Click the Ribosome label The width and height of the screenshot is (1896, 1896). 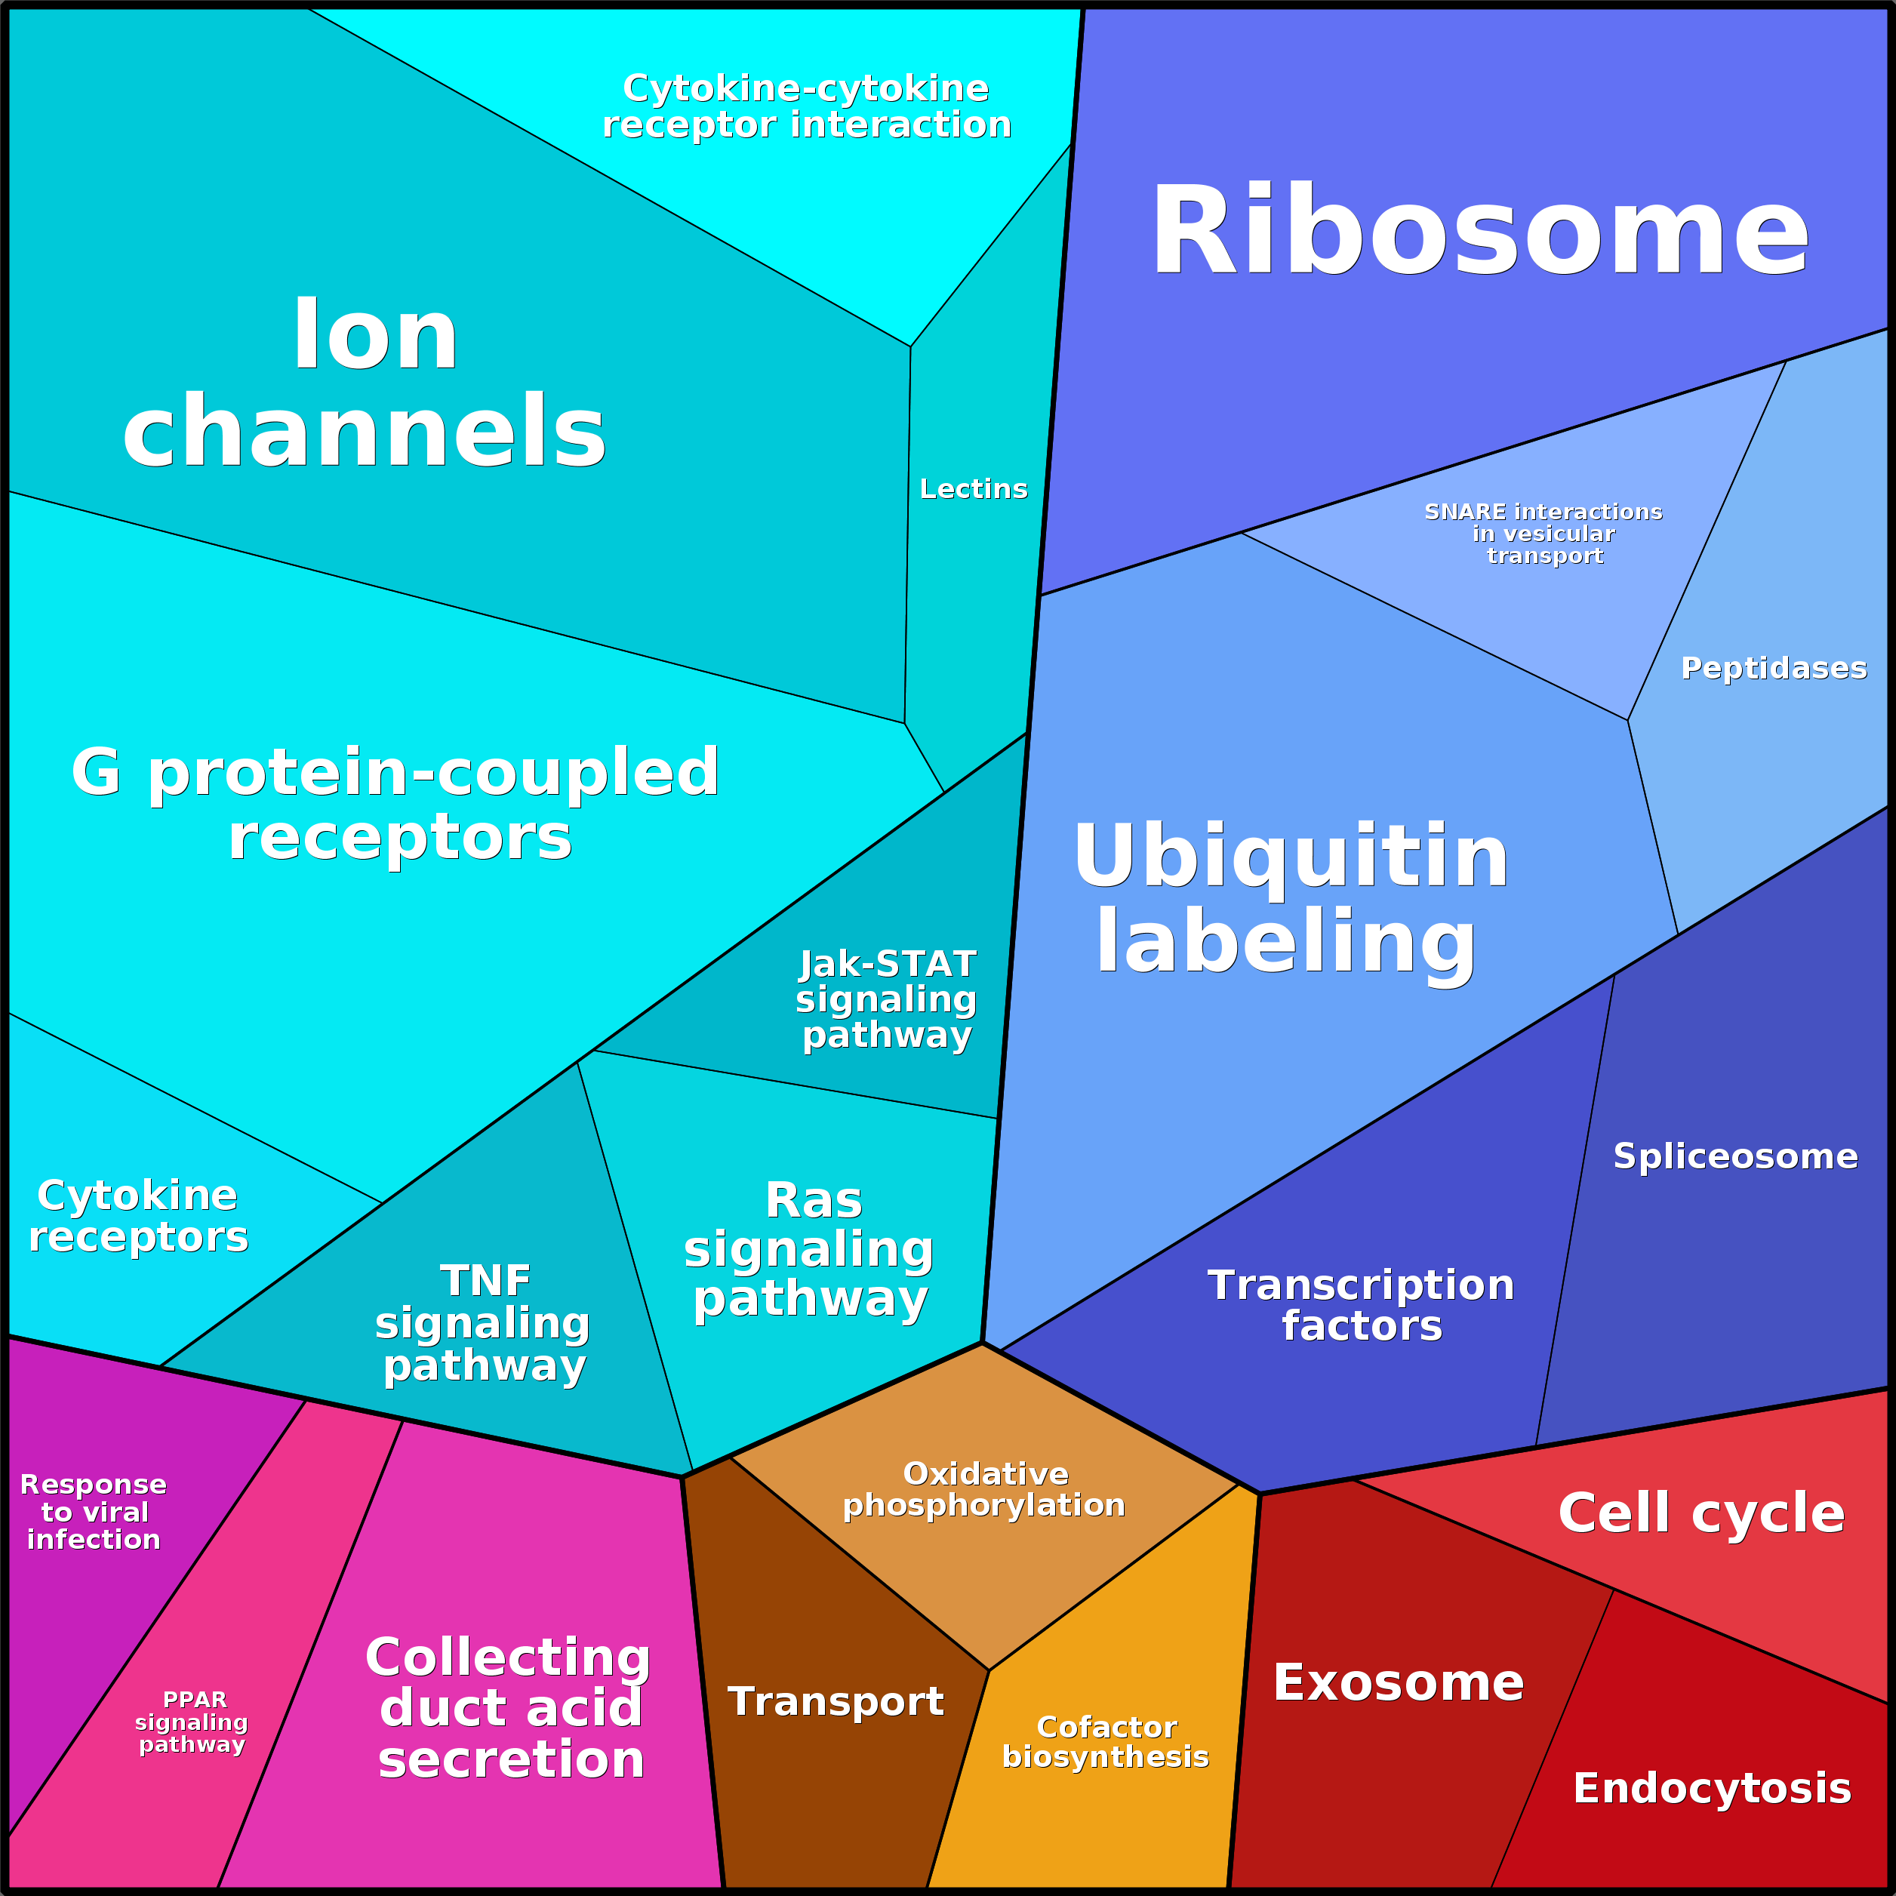(1479, 233)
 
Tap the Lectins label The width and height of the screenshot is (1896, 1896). (974, 489)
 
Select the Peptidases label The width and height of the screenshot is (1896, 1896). (1773, 667)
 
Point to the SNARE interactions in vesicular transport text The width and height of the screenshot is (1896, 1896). (1544, 534)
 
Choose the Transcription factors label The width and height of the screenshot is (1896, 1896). (1361, 1304)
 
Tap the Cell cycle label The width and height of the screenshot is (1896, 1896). (1701, 1513)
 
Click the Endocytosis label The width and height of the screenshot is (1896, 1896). (1713, 1787)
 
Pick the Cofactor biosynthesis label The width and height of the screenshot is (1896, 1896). (1105, 1741)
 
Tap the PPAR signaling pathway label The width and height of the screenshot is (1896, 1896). (192, 1722)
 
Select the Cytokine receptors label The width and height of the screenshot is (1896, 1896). (138, 1215)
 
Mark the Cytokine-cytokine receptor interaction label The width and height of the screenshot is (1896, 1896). (807, 106)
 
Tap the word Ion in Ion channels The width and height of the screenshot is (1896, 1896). (376, 336)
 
